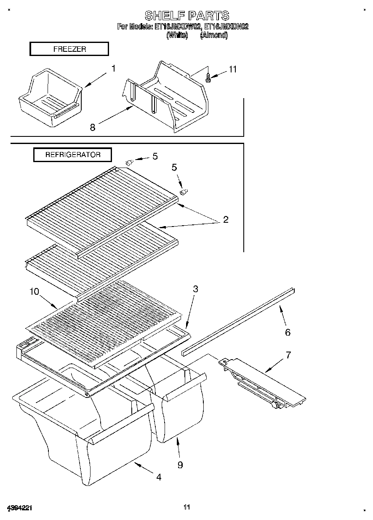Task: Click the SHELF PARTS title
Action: click(x=187, y=16)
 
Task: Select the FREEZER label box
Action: click(x=69, y=49)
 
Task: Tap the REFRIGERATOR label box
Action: click(x=73, y=155)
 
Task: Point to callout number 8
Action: click(x=93, y=127)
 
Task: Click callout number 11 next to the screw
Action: click(x=233, y=69)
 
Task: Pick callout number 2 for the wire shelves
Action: click(x=226, y=219)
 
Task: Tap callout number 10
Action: click(x=34, y=291)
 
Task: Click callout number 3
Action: click(x=195, y=289)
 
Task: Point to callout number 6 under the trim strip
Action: click(x=288, y=333)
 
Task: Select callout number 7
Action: click(x=288, y=355)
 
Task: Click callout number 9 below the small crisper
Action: click(x=180, y=465)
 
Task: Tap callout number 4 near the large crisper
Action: click(x=158, y=477)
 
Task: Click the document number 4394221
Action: click(x=20, y=508)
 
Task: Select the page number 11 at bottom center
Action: click(x=187, y=507)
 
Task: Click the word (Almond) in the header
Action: click(x=214, y=35)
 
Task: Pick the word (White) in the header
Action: click(x=177, y=35)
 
